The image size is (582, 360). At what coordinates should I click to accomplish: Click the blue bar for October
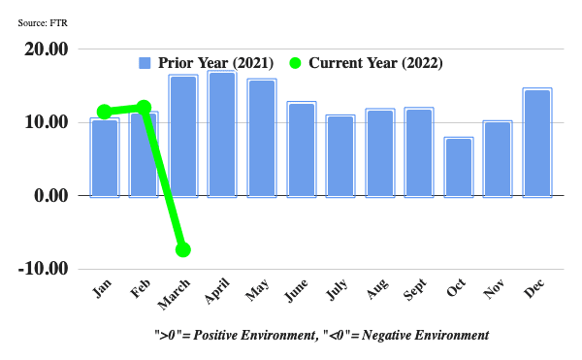tap(458, 167)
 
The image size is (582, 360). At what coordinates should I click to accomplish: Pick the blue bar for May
tap(262, 138)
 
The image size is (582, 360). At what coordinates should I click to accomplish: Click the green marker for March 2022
tap(182, 249)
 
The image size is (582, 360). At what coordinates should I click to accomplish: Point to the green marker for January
tap(104, 112)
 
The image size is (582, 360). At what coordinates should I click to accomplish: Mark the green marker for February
tap(144, 108)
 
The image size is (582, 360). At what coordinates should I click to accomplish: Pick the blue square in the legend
tap(145, 63)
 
